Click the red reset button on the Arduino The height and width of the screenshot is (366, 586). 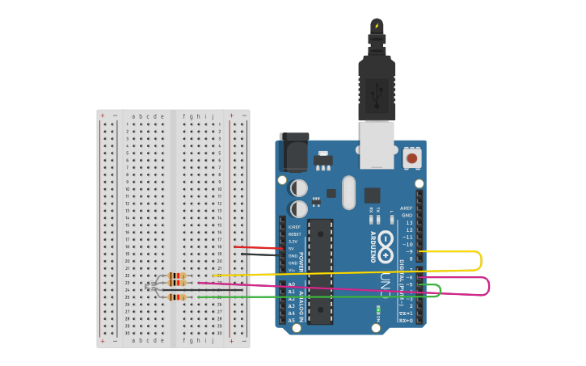click(x=412, y=158)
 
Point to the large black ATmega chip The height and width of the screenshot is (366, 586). click(x=320, y=271)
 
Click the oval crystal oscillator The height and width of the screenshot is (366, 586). click(x=348, y=192)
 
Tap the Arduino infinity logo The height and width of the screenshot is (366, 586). click(x=386, y=242)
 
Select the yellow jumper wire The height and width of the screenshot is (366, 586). click(x=480, y=260)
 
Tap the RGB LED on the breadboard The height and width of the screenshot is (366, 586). click(x=150, y=286)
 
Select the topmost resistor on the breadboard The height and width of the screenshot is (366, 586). click(x=177, y=276)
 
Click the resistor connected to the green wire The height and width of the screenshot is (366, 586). click(x=177, y=297)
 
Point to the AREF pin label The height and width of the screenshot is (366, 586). click(x=406, y=208)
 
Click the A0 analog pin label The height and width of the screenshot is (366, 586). click(x=292, y=284)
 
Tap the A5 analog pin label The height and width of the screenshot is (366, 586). click(x=292, y=321)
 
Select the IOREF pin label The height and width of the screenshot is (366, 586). click(x=294, y=226)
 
